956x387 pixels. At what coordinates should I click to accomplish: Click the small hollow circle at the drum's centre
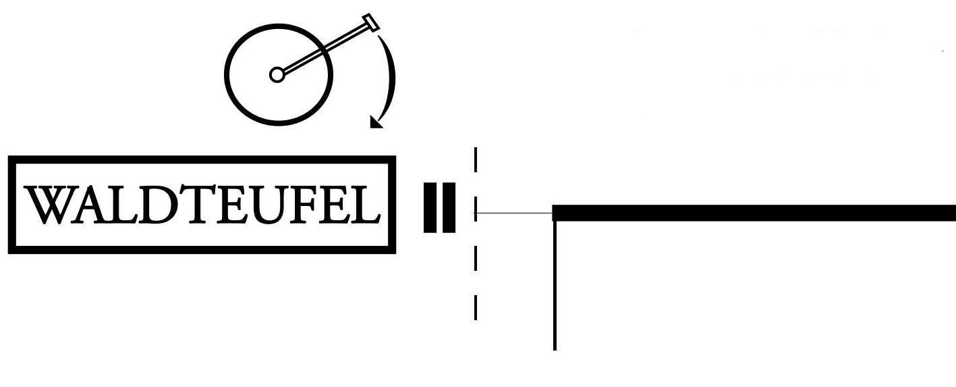[277, 74]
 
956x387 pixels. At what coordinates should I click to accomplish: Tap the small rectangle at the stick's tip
[371, 22]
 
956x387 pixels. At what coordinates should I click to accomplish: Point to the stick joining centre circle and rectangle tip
[324, 48]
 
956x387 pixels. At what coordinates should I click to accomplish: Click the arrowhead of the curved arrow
[376, 122]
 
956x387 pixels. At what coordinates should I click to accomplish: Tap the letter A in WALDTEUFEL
[85, 205]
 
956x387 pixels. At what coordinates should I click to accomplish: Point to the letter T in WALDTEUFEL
[187, 205]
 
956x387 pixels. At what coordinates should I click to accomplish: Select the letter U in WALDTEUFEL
[258, 205]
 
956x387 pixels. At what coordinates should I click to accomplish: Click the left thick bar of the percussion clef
[430, 207]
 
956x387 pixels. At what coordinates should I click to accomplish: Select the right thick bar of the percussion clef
[449, 207]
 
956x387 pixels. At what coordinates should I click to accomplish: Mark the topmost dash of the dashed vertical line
[476, 159]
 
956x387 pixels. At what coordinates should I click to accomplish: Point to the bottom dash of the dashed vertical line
[476, 307]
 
